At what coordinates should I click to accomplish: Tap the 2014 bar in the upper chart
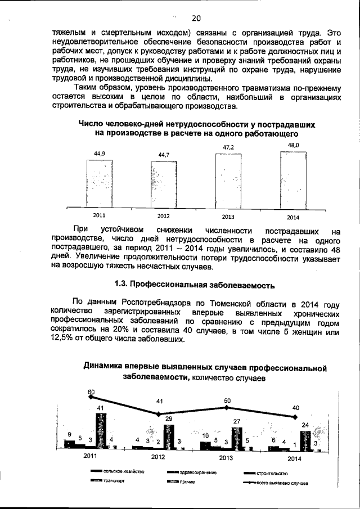[x=293, y=179]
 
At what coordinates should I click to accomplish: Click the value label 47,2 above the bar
[x=228, y=147]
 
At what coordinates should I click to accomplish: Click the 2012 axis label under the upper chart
[x=164, y=216]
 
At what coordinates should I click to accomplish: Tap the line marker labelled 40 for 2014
[x=295, y=417]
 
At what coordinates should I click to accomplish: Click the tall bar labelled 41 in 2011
[x=101, y=430]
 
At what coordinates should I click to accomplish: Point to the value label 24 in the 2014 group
[x=305, y=425]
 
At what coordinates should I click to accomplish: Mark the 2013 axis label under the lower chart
[x=226, y=458]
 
